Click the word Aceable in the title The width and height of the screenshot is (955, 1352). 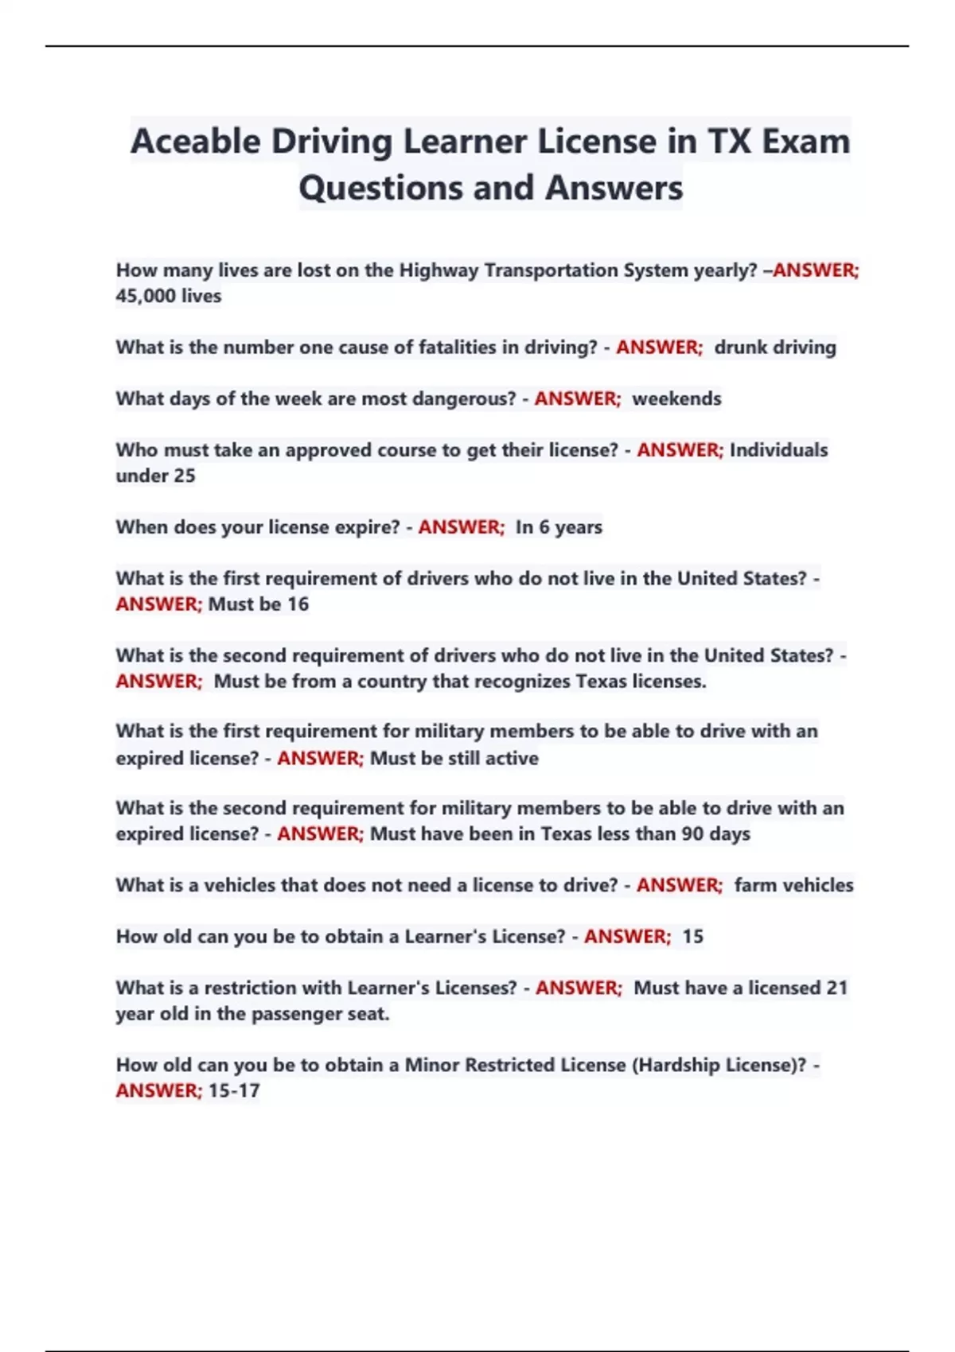(x=195, y=142)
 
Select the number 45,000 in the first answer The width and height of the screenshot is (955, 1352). (x=146, y=296)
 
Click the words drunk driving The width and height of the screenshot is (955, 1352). (x=775, y=348)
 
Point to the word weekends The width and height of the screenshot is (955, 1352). (x=676, y=398)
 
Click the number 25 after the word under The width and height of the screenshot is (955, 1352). (x=184, y=476)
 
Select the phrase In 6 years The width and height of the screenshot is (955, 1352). (x=559, y=527)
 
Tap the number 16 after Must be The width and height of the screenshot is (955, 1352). (x=298, y=604)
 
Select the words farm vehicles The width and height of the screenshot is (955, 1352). (x=793, y=885)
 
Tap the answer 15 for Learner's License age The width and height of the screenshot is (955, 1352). (x=692, y=937)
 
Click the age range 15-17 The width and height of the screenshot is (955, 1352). (x=234, y=1091)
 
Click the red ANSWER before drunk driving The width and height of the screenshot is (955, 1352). (x=658, y=348)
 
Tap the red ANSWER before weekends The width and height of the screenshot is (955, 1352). (x=577, y=398)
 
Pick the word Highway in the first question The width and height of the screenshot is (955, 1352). (x=439, y=270)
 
